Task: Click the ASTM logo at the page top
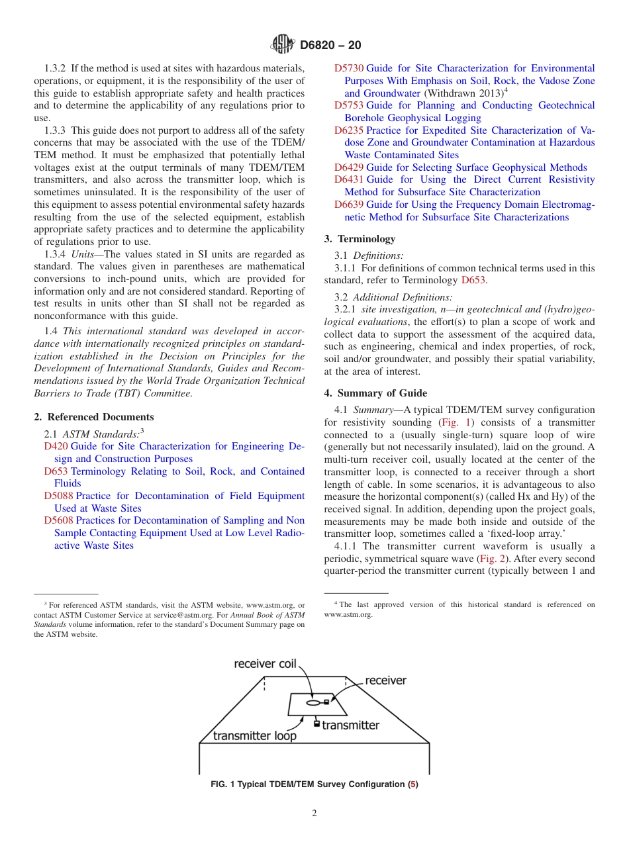(283, 45)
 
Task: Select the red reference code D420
(56, 447)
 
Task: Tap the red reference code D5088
(58, 496)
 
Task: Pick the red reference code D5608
(58, 521)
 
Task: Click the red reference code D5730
(348, 69)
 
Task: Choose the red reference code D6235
(348, 131)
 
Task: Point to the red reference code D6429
(348, 168)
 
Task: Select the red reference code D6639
(348, 205)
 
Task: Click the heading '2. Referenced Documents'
(94, 417)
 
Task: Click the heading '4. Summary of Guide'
(375, 393)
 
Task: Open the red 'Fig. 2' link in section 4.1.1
(491, 559)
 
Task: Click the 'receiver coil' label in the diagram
(265, 664)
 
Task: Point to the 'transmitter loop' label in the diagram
(255, 735)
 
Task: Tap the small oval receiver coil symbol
(313, 702)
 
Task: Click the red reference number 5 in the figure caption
(413, 785)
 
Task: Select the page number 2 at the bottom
(314, 814)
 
